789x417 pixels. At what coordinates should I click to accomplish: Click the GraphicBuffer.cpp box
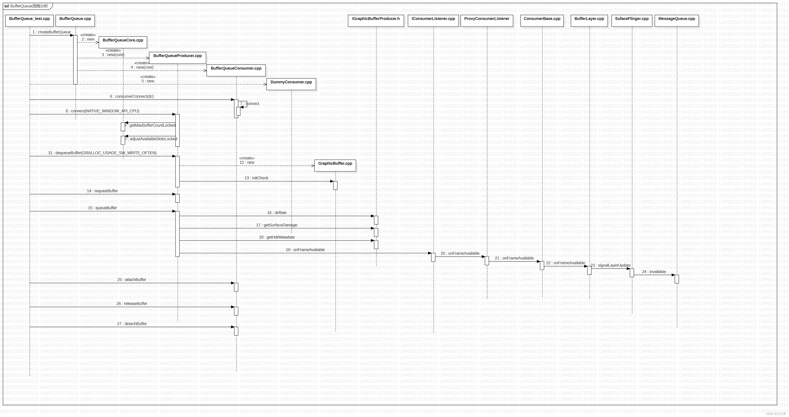point(335,165)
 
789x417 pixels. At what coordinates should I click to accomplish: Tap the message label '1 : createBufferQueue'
point(52,32)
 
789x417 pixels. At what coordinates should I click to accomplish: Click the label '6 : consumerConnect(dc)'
point(132,96)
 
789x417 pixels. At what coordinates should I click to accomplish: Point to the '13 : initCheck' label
point(256,178)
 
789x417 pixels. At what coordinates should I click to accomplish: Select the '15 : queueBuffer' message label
point(102,208)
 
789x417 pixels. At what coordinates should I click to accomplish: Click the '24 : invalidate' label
point(654,272)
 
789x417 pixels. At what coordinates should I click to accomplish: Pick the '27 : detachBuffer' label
point(132,324)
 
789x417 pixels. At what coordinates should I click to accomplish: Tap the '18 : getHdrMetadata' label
point(277,237)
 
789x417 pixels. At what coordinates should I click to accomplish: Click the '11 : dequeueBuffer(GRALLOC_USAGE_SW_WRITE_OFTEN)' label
point(102,153)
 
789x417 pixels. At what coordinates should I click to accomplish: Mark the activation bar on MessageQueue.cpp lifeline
point(677,279)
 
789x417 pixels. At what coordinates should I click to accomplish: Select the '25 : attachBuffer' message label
point(132,280)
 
